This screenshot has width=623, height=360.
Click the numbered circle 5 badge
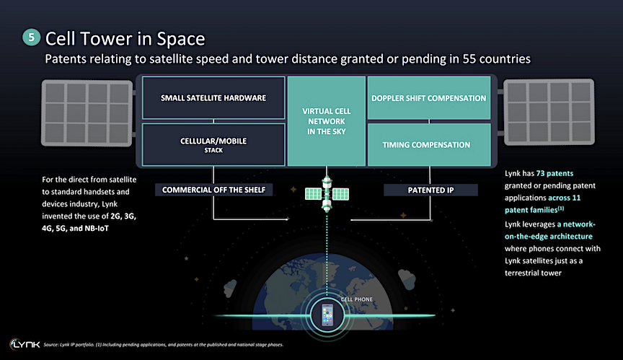point(32,38)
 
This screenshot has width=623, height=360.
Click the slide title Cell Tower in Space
point(125,39)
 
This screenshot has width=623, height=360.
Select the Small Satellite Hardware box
point(213,97)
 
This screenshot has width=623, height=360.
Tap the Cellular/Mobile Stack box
point(213,144)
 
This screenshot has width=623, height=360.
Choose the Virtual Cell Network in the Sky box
point(326,121)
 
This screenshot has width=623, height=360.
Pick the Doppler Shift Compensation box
point(429,97)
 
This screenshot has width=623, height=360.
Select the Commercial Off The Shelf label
point(213,190)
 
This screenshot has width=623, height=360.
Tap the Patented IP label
point(430,190)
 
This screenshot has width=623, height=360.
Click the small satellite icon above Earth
point(327,194)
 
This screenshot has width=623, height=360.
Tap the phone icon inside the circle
point(327,315)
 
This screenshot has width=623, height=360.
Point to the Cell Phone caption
point(356,299)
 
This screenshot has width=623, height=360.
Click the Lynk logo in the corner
point(25,343)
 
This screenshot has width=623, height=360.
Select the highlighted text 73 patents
point(554,173)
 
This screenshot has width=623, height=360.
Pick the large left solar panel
point(87,113)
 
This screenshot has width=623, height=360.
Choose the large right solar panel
point(549,112)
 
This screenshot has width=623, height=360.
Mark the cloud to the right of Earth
point(407,279)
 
